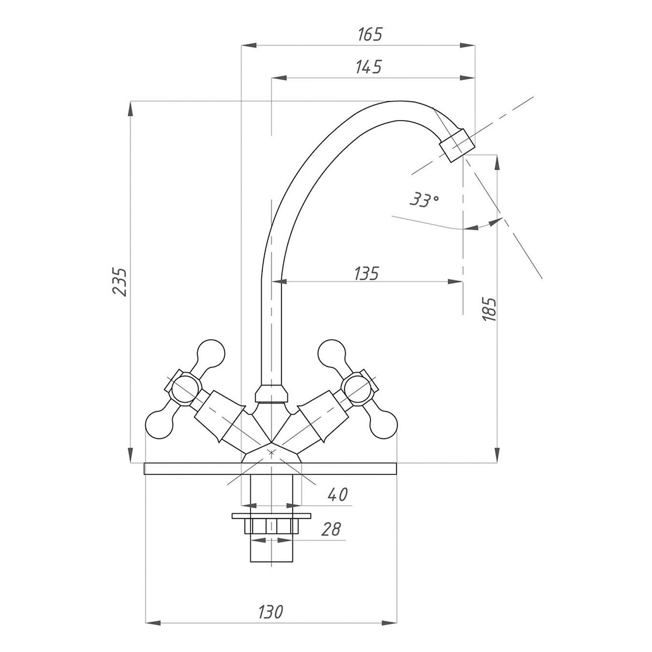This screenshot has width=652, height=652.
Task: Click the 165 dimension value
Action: click(371, 34)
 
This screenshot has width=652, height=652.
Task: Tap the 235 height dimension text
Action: click(120, 281)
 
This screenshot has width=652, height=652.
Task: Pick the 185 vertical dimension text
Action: click(489, 309)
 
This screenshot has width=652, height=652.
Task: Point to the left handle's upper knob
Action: click(209, 353)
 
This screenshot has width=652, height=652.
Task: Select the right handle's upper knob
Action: click(333, 353)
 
